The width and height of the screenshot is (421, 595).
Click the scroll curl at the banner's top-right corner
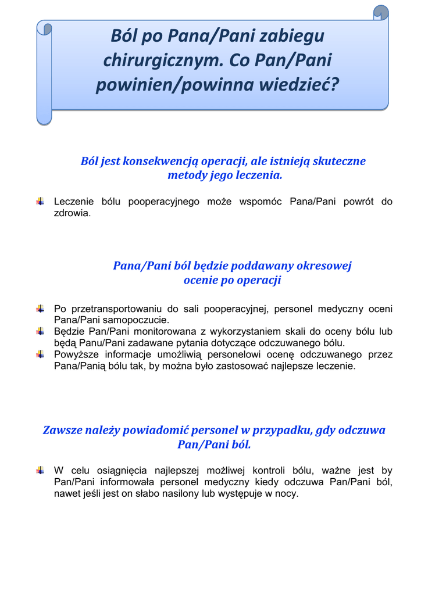click(380, 12)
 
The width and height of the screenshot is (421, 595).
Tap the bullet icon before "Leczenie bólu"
click(40, 202)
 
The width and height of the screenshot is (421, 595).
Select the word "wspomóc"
click(259, 202)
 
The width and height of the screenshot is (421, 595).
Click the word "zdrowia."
click(73, 213)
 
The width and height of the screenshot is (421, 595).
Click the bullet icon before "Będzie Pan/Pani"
click(40, 331)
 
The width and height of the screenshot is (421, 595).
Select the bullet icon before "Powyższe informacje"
click(40, 354)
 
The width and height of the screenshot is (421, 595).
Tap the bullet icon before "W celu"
click(40, 470)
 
